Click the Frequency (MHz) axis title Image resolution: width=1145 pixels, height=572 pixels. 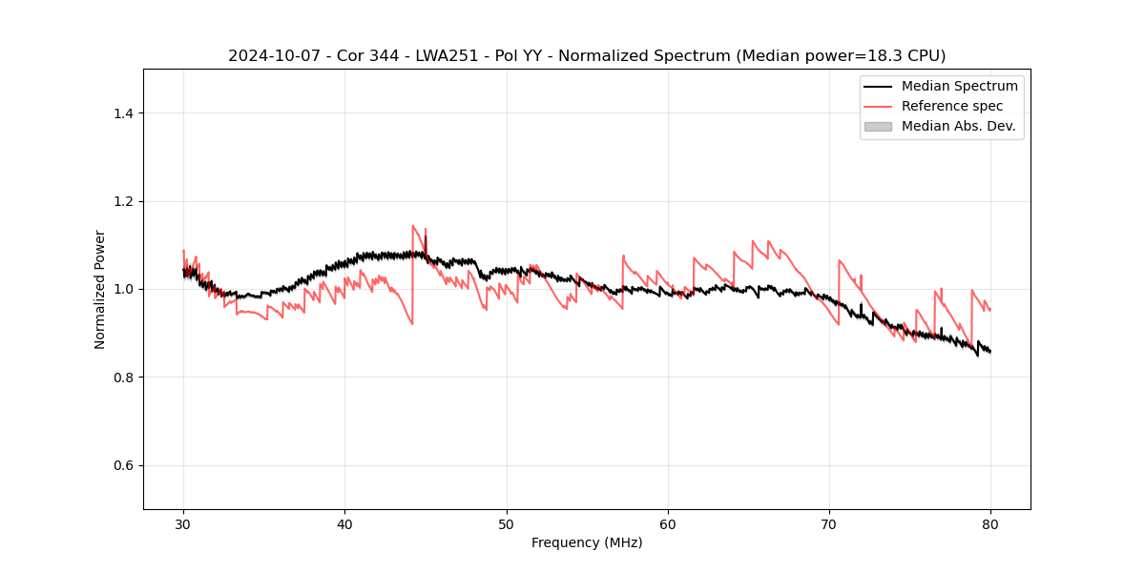pos(587,542)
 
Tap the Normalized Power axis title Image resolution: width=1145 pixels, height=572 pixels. pos(100,289)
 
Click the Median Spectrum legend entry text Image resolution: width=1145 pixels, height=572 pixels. pos(959,86)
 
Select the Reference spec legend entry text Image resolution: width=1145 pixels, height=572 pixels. pos(952,106)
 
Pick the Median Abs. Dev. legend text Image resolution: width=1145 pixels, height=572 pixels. pos(959,126)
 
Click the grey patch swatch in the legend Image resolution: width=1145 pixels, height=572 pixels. pos(878,126)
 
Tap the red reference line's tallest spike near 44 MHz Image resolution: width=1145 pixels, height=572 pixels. pos(413,227)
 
